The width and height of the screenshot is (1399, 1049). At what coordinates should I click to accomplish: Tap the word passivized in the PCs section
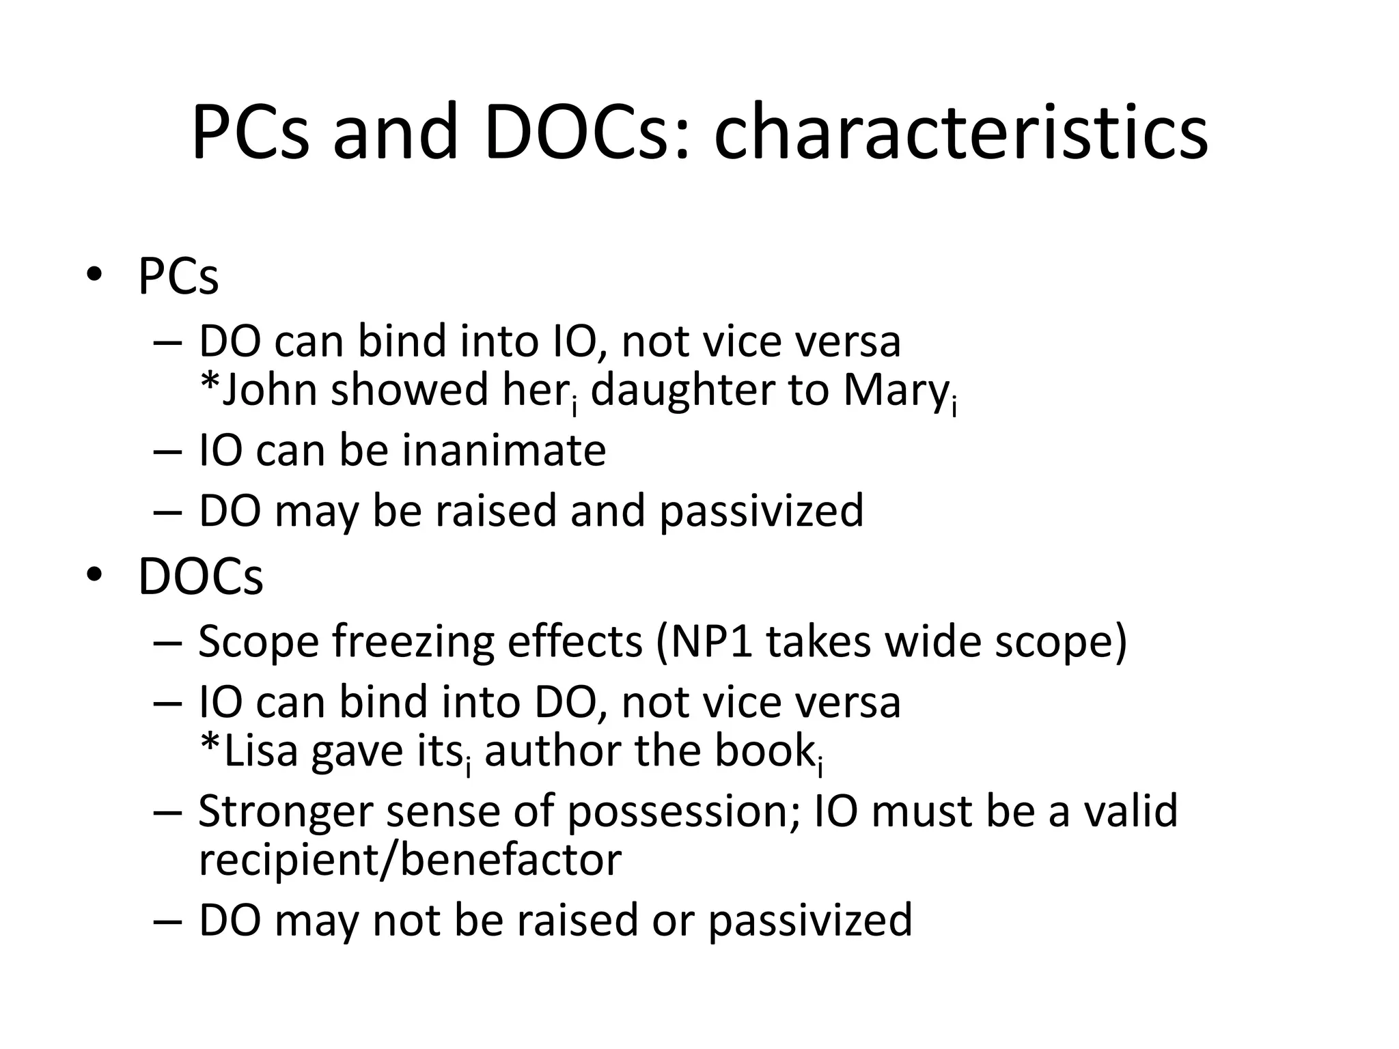[762, 512]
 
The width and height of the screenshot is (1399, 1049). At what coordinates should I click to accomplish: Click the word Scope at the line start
[259, 643]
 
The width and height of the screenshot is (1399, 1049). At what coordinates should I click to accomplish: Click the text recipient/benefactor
[410, 860]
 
